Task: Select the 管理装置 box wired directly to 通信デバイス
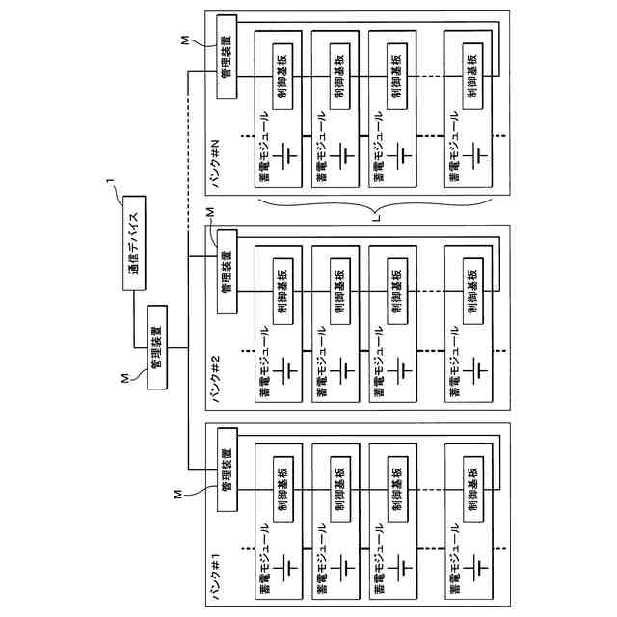tap(154, 346)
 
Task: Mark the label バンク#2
tap(217, 370)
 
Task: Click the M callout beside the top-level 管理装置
tap(124, 382)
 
